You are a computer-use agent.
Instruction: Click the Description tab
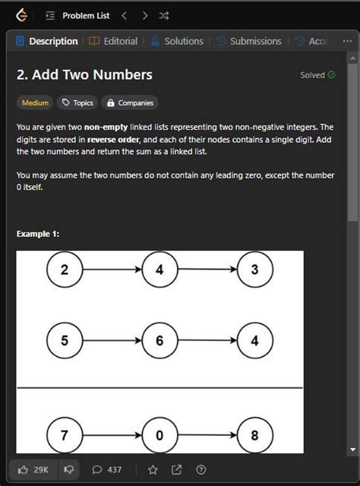tap(47, 41)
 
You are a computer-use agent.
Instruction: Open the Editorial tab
tap(113, 41)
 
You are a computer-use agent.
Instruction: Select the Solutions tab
tap(177, 41)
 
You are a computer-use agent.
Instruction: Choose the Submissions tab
tap(248, 41)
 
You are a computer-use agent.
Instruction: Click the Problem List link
tap(86, 15)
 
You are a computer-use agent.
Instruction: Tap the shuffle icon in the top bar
tap(164, 15)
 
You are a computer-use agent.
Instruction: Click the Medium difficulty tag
tap(35, 103)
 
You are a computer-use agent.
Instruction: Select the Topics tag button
tap(77, 103)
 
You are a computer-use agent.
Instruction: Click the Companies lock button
tap(130, 103)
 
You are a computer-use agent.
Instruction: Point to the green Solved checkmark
tap(331, 74)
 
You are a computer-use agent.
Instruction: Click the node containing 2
tap(65, 270)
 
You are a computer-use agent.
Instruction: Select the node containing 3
tap(255, 270)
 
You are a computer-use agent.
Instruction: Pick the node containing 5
tap(65, 340)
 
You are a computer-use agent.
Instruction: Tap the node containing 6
tap(159, 340)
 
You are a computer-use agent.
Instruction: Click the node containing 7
tap(65, 435)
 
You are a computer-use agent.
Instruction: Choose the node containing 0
tap(159, 435)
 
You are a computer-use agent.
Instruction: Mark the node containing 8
tap(255, 435)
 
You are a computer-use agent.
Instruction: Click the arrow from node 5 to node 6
tap(112, 341)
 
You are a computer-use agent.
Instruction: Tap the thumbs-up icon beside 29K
tap(23, 470)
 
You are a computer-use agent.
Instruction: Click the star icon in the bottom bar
tap(153, 470)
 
